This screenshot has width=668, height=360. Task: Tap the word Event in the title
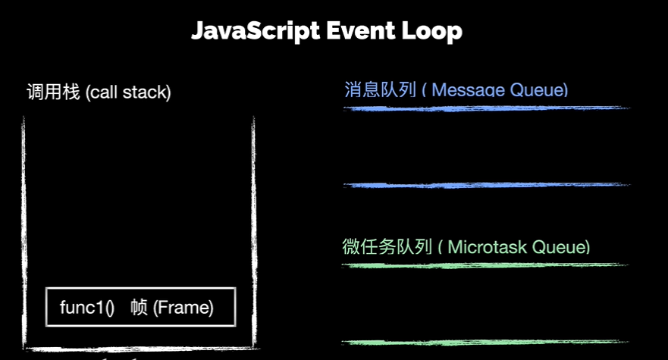point(361,31)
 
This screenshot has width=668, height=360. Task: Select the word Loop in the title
point(434,31)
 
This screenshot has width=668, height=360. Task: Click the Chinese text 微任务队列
point(387,247)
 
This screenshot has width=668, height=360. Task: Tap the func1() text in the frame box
point(87,308)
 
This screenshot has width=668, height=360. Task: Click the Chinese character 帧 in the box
point(138,308)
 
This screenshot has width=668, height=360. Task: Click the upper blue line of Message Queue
point(485,108)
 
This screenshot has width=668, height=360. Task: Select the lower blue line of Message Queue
point(485,185)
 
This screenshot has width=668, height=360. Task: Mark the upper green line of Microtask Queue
point(485,265)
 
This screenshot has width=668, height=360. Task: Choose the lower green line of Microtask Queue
point(485,343)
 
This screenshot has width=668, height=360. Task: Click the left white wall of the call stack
point(24,227)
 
